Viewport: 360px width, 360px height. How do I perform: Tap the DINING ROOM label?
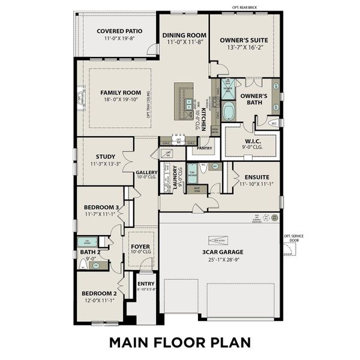pyautogui.click(x=184, y=35)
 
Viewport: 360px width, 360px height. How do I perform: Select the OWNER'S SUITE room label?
pyautogui.click(x=244, y=40)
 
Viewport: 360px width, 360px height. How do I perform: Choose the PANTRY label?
pyautogui.click(x=205, y=147)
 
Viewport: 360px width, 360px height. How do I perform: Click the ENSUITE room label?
pyautogui.click(x=256, y=178)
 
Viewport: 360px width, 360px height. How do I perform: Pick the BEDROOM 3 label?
pyautogui.click(x=101, y=207)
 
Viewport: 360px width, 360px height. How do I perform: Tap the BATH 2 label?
pyautogui.click(x=91, y=252)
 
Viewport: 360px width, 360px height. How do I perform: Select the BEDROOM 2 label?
pyautogui.click(x=98, y=293)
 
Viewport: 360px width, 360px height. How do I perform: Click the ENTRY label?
pyautogui.click(x=146, y=284)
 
